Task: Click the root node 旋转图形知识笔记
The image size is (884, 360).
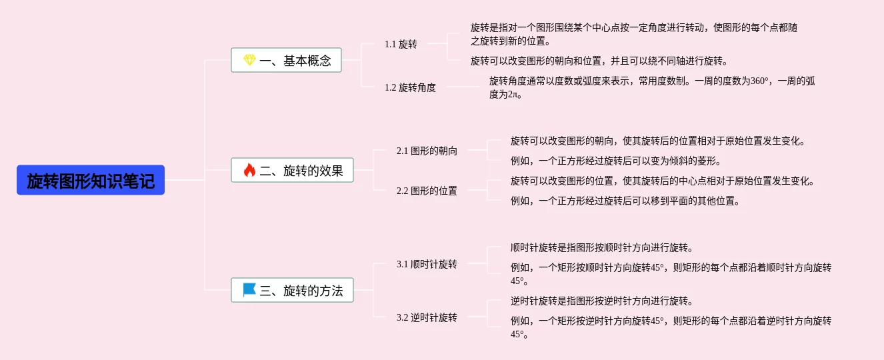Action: pos(91,180)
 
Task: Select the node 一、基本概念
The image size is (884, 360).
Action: pos(286,61)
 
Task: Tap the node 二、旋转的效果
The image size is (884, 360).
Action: pos(292,171)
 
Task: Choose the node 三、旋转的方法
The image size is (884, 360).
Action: pos(292,290)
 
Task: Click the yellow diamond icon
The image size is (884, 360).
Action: pos(249,61)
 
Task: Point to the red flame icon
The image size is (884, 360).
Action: pos(249,171)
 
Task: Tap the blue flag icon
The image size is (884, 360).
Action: pos(249,290)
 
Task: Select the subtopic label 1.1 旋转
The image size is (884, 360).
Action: pos(401,44)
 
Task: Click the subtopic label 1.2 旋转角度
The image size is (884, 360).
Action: pos(410,87)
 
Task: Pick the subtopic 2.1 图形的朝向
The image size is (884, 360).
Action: pos(427,151)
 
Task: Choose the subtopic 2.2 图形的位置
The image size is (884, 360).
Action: pos(427,191)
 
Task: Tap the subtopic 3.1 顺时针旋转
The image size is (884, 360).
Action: pos(427,264)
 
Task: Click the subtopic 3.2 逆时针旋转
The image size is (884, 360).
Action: pos(427,317)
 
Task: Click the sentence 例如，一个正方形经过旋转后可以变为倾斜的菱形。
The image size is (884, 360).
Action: pos(616,161)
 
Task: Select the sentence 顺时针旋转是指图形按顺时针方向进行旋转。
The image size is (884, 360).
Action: pos(602,247)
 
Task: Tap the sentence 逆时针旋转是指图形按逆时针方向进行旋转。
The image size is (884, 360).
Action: pos(602,301)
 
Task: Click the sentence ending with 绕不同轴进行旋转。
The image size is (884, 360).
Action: pos(599,61)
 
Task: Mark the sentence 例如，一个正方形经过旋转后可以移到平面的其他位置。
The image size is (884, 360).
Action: pos(625,201)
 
